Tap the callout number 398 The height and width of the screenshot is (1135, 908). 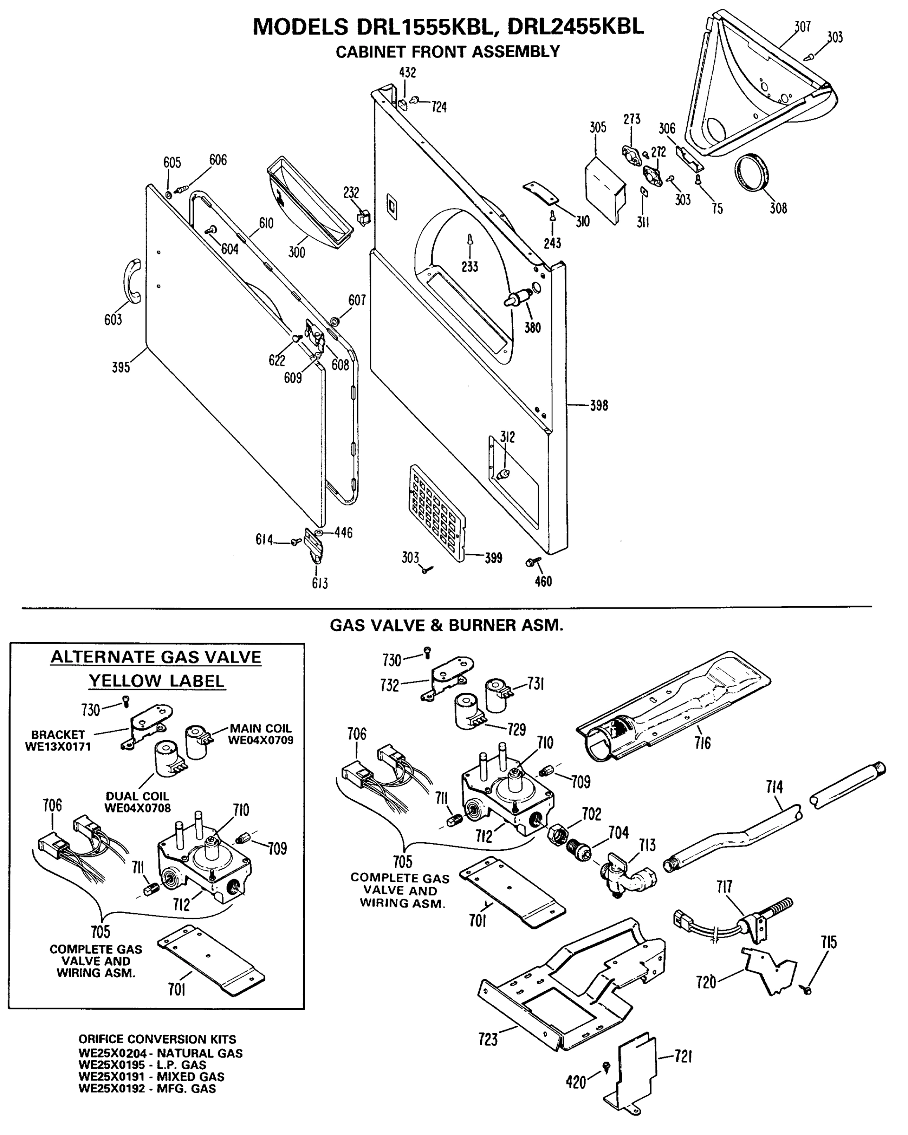pyautogui.click(x=599, y=405)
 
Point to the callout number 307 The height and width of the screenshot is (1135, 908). pyautogui.click(x=802, y=26)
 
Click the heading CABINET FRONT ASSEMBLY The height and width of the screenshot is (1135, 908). pyautogui.click(x=447, y=52)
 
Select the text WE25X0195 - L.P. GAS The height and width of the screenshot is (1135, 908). pyautogui.click(x=142, y=1065)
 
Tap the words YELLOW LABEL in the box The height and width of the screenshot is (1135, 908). pyautogui.click(x=157, y=681)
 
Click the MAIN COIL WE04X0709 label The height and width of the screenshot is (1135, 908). pyautogui.click(x=261, y=734)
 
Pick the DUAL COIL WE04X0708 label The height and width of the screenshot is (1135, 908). pyautogui.click(x=138, y=802)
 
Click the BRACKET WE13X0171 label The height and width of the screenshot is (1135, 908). pyautogui.click(x=58, y=740)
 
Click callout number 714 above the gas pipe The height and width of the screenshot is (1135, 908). pyautogui.click(x=774, y=787)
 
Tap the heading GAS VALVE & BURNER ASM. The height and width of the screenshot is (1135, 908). pyautogui.click(x=446, y=625)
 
